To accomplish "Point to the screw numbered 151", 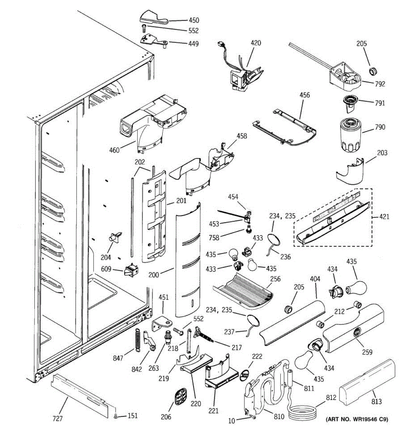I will click(116, 416).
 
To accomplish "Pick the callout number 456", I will click(305, 95).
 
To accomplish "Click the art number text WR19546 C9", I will click(357, 419).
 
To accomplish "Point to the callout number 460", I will click(114, 150).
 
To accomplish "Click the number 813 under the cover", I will click(377, 401).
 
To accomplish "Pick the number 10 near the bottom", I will click(231, 421).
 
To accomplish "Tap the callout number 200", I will click(154, 274).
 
